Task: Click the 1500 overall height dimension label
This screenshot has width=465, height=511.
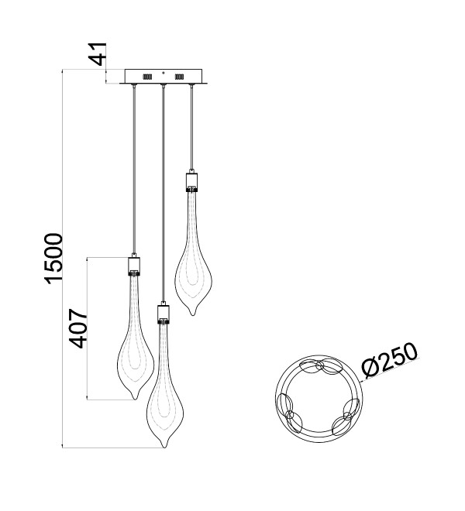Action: point(53,259)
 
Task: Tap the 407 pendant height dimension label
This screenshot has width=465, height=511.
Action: point(78,328)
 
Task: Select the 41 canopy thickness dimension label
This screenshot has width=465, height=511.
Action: point(98,54)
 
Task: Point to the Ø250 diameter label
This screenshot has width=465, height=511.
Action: point(389,361)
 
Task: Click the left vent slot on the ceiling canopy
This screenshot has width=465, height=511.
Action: point(146,77)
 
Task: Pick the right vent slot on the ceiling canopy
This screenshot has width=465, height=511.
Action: point(179,77)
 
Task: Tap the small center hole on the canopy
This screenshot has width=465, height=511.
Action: point(164,73)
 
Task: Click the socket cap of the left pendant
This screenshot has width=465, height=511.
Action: point(134,266)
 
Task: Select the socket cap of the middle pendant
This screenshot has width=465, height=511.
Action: point(164,314)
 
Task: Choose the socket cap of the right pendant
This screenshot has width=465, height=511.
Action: point(192,182)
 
